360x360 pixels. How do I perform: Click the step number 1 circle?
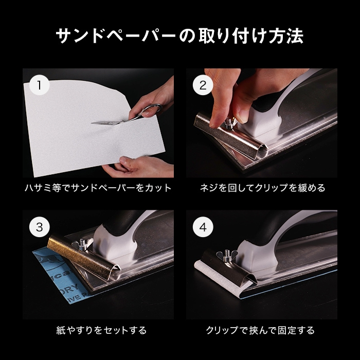pyautogui.click(x=40, y=85)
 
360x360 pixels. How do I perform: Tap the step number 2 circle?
pyautogui.click(x=203, y=85)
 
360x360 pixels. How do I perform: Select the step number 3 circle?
pyautogui.click(x=40, y=227)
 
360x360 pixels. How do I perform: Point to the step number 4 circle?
pyautogui.click(x=203, y=227)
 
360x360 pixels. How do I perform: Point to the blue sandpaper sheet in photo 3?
pyautogui.click(x=58, y=278)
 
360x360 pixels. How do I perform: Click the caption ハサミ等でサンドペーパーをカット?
pyautogui.click(x=98, y=188)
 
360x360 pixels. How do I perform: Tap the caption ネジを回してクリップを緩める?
pyautogui.click(x=262, y=188)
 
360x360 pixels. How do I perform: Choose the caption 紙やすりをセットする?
pyautogui.click(x=101, y=330)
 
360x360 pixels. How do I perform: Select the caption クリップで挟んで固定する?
pyautogui.click(x=260, y=330)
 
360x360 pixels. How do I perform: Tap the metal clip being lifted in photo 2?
pyautogui.click(x=229, y=135)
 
